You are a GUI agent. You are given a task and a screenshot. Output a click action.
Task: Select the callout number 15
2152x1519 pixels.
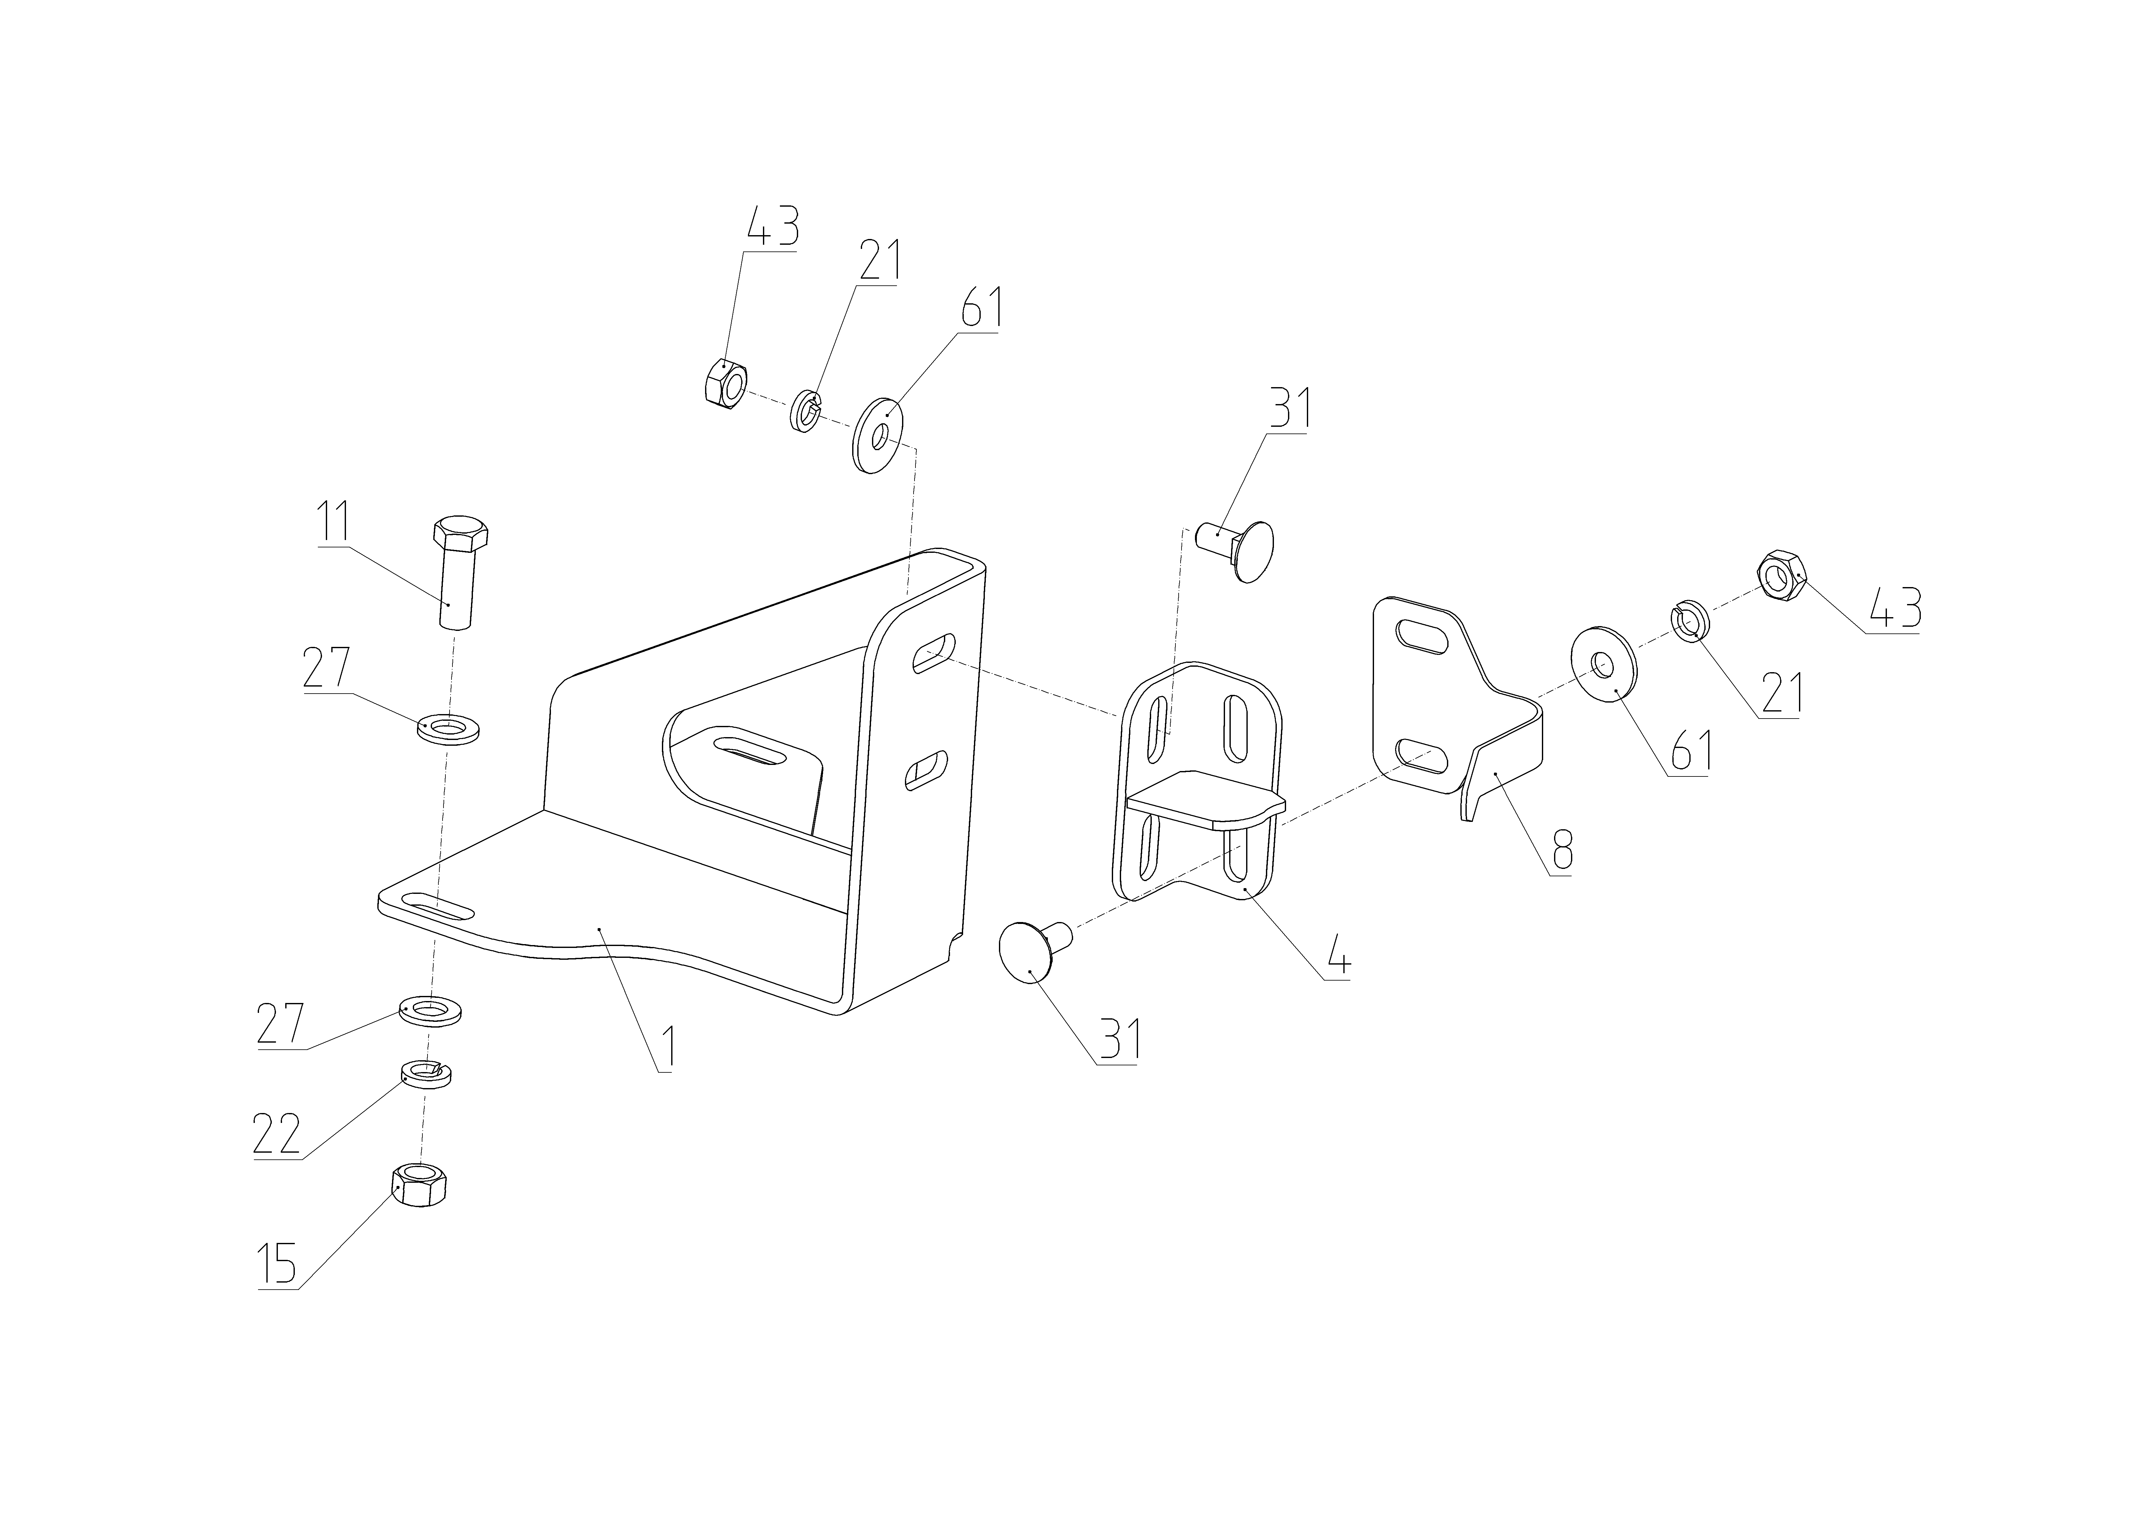(x=279, y=1265)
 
